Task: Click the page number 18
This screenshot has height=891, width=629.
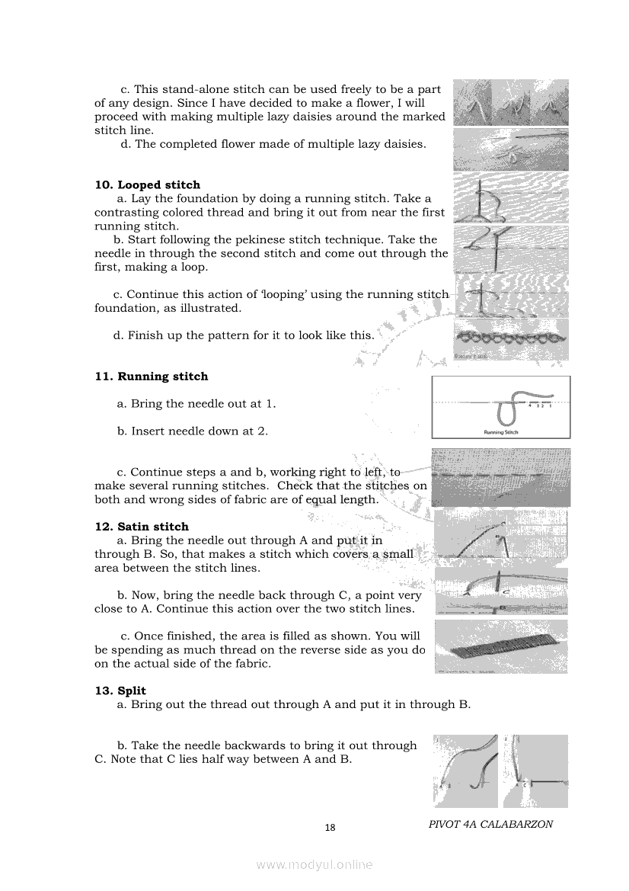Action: (330, 828)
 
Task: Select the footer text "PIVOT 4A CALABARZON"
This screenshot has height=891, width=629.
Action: (490, 824)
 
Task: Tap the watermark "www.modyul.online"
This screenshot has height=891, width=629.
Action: (314, 864)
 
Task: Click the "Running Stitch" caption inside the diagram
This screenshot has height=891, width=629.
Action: (501, 431)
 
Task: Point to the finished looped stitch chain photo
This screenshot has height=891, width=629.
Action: (510, 338)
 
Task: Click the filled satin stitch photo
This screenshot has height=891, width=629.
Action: (501, 646)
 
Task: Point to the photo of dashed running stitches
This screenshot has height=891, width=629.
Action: (501, 478)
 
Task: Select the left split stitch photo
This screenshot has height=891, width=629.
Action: (465, 771)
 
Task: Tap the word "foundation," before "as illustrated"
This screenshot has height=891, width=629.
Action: (127, 309)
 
